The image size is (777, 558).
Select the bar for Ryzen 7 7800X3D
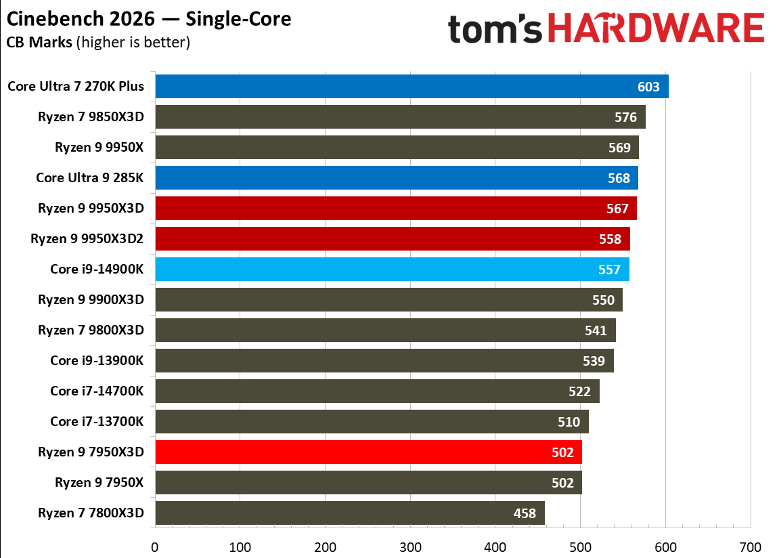point(338,513)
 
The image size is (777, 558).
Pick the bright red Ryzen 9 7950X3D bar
point(359,452)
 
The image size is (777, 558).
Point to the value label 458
point(525,513)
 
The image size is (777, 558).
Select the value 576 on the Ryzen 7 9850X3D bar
point(625,117)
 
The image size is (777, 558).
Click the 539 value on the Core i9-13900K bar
point(594,361)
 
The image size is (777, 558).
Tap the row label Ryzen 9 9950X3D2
point(87,239)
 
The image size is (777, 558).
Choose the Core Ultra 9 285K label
point(90,178)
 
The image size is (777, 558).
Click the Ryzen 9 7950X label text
point(99,483)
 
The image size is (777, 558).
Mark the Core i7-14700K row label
point(97,391)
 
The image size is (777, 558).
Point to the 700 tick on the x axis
point(750,546)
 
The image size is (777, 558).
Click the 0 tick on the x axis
point(155,546)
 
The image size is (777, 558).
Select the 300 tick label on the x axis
point(410,546)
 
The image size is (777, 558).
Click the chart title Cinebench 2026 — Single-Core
point(149,19)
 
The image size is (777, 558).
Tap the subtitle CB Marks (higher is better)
point(98,42)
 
